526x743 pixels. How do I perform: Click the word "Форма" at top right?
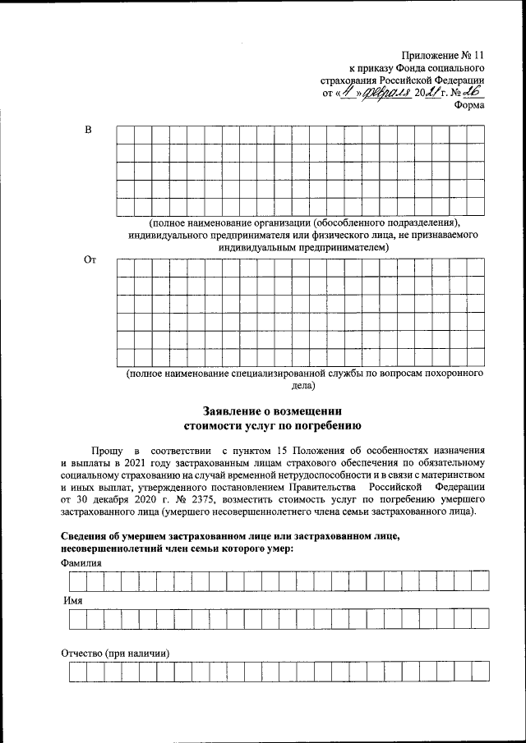pyautogui.click(x=467, y=105)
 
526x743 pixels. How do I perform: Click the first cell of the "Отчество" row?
pyautogui.click(x=76, y=672)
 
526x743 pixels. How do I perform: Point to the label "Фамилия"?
pyautogui.click(x=82, y=564)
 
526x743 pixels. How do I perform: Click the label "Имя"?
pyautogui.click(x=73, y=601)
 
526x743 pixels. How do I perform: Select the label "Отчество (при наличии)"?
pyautogui.click(x=115, y=654)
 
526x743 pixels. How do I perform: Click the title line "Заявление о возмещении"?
pyautogui.click(x=272, y=410)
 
